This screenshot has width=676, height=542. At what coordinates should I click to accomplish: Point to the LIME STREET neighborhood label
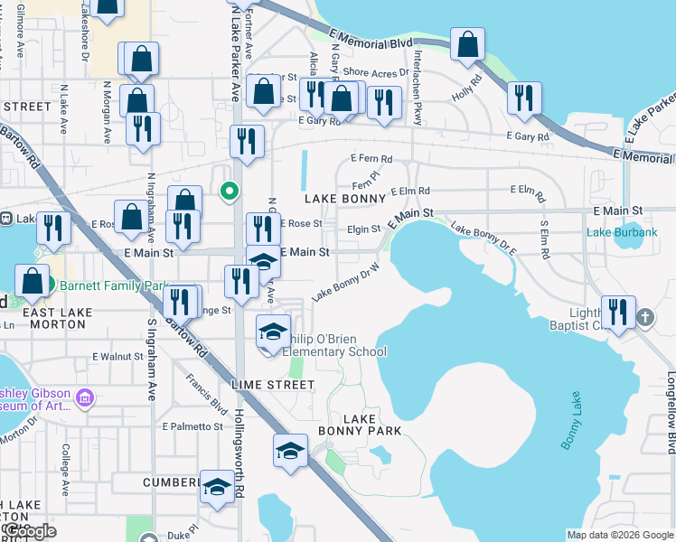click(x=273, y=385)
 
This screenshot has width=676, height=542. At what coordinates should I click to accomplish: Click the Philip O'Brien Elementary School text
click(x=336, y=345)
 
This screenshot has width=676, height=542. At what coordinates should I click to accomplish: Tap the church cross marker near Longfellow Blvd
click(x=644, y=317)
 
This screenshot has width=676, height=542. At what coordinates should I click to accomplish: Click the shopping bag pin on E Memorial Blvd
click(x=467, y=43)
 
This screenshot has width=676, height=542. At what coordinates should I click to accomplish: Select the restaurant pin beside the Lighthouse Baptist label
click(x=618, y=313)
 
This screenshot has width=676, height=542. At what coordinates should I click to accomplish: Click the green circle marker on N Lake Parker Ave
click(x=230, y=190)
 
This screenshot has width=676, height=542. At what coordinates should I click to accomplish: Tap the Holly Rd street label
click(x=464, y=91)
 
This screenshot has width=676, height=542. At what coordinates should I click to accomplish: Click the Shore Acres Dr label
click(x=369, y=72)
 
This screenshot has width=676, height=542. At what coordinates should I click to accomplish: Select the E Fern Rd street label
click(x=371, y=159)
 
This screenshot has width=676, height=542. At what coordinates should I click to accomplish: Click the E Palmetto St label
click(x=192, y=426)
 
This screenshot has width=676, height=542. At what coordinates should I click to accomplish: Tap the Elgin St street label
click(x=364, y=229)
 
